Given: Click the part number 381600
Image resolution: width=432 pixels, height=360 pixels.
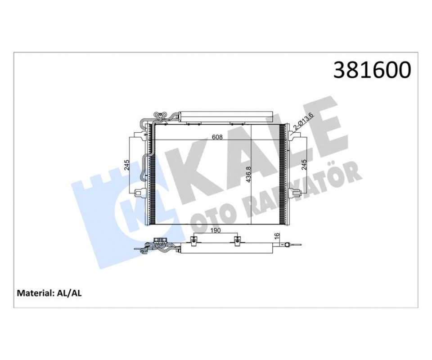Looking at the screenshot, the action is [x=372, y=70].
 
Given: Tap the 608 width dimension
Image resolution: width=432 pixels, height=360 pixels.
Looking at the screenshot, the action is [x=217, y=137].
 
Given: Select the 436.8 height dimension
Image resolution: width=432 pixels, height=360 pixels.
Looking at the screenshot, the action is [x=248, y=175].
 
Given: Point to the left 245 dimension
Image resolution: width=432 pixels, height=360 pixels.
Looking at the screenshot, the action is [x=126, y=165].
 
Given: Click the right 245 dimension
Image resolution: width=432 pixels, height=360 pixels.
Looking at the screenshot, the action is [x=304, y=165].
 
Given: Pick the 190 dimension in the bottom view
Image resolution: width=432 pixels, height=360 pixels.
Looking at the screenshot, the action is [x=215, y=230].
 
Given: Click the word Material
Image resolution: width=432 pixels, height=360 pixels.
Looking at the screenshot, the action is [x=34, y=293].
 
